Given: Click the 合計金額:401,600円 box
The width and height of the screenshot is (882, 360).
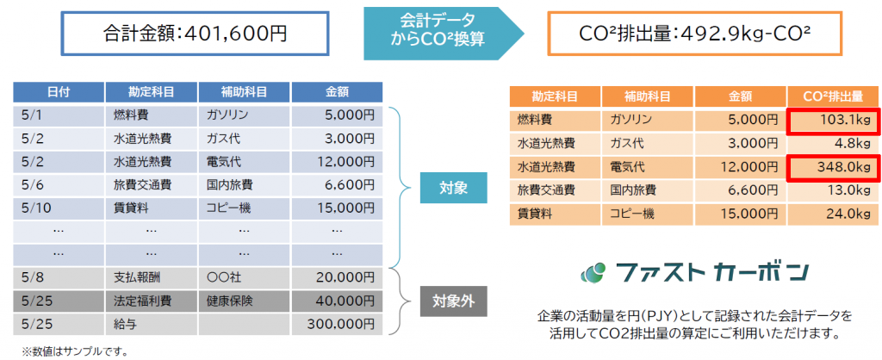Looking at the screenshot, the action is [x=195, y=34].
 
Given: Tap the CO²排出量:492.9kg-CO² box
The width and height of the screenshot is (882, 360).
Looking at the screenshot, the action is [x=695, y=34].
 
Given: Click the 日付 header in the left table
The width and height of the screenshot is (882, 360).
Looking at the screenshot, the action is [x=59, y=92].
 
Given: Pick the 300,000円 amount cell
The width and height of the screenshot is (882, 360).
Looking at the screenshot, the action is [x=337, y=324].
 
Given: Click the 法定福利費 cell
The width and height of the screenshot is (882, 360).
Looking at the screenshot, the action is [x=152, y=301].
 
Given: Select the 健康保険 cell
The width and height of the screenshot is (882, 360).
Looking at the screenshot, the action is [x=244, y=301].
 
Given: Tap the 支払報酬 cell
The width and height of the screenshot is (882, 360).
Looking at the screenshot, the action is [x=152, y=277].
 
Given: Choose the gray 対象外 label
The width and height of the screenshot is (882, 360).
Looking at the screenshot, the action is [x=453, y=301].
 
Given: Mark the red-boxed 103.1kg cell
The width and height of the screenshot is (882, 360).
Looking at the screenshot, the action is [x=833, y=119].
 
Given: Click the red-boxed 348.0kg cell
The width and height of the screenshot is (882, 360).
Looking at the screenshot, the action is [x=833, y=166].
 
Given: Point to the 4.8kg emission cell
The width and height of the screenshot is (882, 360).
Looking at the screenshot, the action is [x=833, y=143].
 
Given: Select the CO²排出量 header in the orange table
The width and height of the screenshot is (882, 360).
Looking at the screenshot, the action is [x=833, y=96].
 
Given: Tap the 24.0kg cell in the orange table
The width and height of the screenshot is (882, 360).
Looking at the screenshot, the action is [x=833, y=214].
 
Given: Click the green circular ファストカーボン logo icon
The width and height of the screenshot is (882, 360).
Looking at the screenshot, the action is [x=593, y=273].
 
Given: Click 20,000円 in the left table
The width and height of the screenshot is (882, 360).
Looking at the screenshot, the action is [x=337, y=277].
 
